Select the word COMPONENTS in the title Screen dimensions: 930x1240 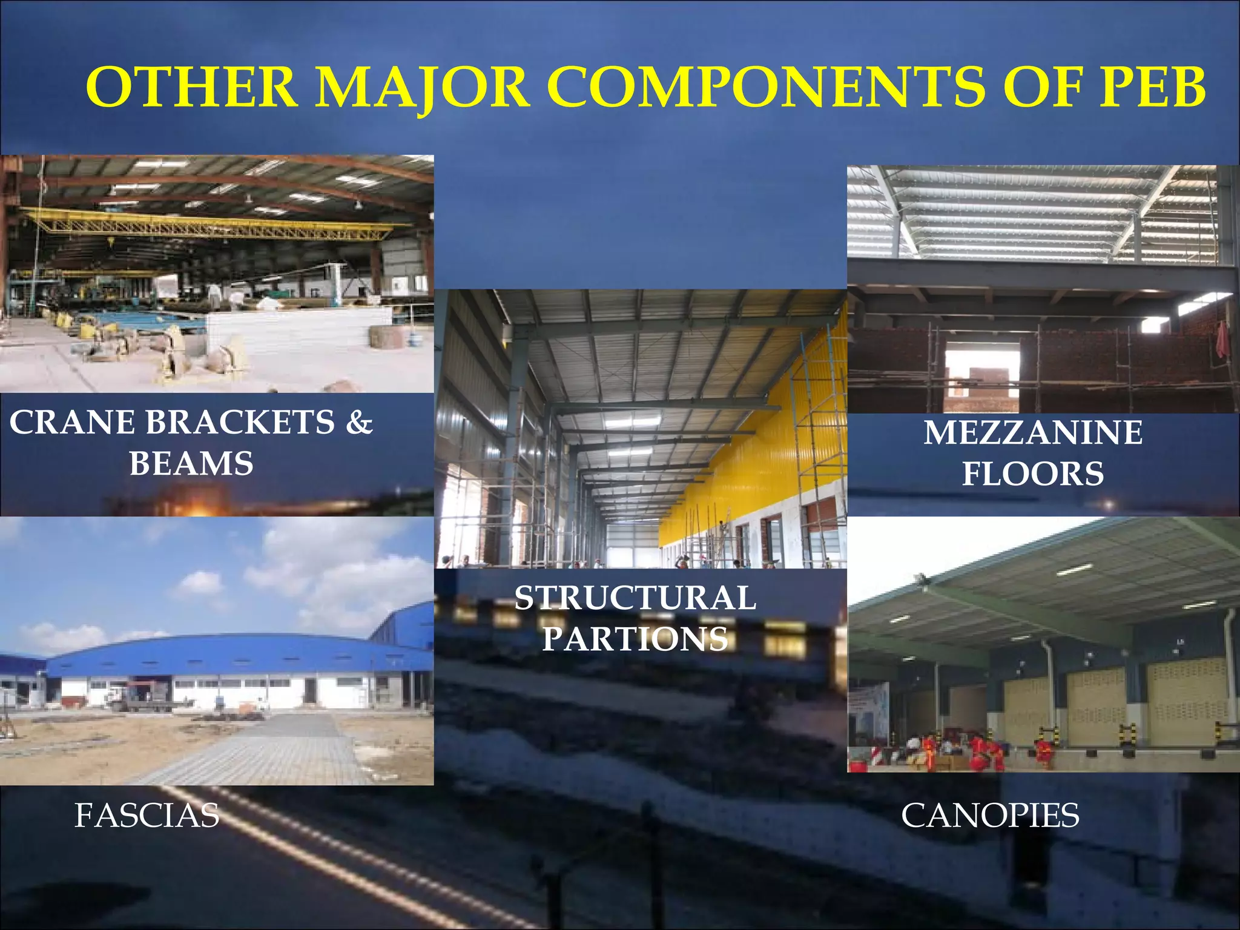pyautogui.click(x=767, y=88)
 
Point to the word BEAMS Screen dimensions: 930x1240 pyautogui.click(x=191, y=464)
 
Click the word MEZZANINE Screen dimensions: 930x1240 pyautogui.click(x=1033, y=433)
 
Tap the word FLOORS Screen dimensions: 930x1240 pyautogui.click(x=1033, y=473)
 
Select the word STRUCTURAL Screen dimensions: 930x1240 pyautogui.click(x=635, y=598)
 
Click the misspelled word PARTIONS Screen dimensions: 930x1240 pyautogui.click(x=635, y=639)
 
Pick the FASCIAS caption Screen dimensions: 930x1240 pyautogui.click(x=147, y=815)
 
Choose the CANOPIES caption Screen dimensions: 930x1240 pyautogui.click(x=990, y=815)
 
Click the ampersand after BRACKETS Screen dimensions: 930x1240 pyautogui.click(x=359, y=423)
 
